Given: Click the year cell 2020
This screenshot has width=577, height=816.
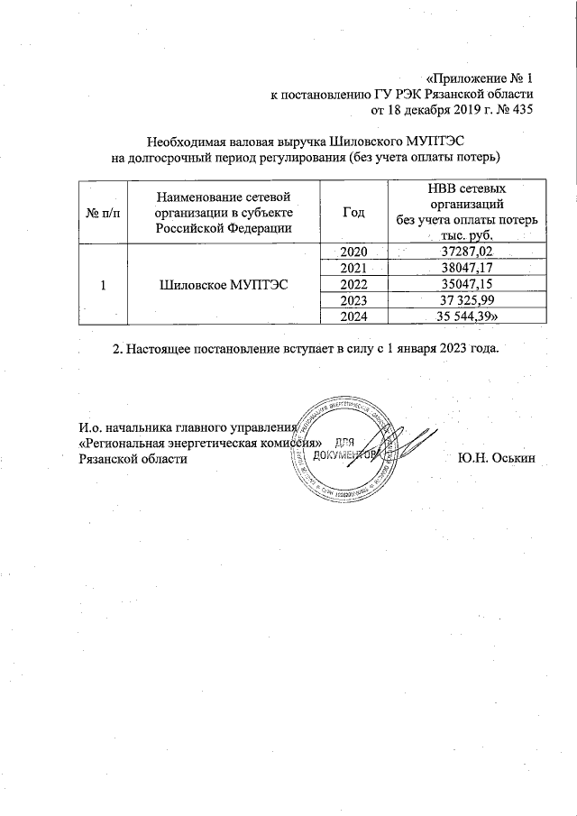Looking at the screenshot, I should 354,252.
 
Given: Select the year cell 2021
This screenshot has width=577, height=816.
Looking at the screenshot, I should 354,268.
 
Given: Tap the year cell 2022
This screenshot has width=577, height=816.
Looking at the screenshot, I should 354,283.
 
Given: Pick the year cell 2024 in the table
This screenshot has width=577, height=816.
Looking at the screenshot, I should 354,315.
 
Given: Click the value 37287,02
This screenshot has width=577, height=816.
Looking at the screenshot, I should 466,252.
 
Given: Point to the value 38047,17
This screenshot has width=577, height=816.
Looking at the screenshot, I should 466,268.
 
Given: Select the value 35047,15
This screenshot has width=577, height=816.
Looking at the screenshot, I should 466,283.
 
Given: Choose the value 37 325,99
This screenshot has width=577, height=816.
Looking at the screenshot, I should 466,299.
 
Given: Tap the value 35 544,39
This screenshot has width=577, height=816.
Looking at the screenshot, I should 468,315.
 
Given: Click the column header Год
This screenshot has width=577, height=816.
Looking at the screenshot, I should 354,212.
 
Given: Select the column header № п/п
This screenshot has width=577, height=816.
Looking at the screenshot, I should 102,212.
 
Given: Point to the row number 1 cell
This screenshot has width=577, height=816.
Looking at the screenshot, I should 102,284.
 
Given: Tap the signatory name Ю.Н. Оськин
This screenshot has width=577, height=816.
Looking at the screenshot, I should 496,458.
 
